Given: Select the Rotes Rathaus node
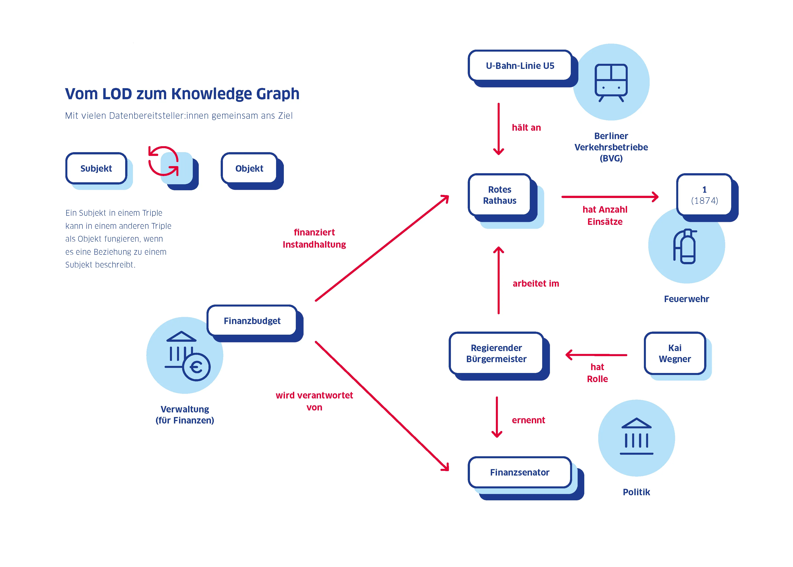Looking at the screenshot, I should click(x=499, y=195).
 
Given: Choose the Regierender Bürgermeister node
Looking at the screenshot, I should click(x=496, y=353).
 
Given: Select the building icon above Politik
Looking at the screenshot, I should click(x=636, y=436).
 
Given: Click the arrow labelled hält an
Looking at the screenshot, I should click(x=498, y=129).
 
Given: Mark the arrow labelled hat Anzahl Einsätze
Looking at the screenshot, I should click(x=609, y=197).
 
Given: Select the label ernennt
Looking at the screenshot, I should click(x=528, y=420).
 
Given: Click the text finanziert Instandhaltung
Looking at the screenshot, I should click(x=314, y=238).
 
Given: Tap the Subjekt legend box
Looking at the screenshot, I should click(x=96, y=168).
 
